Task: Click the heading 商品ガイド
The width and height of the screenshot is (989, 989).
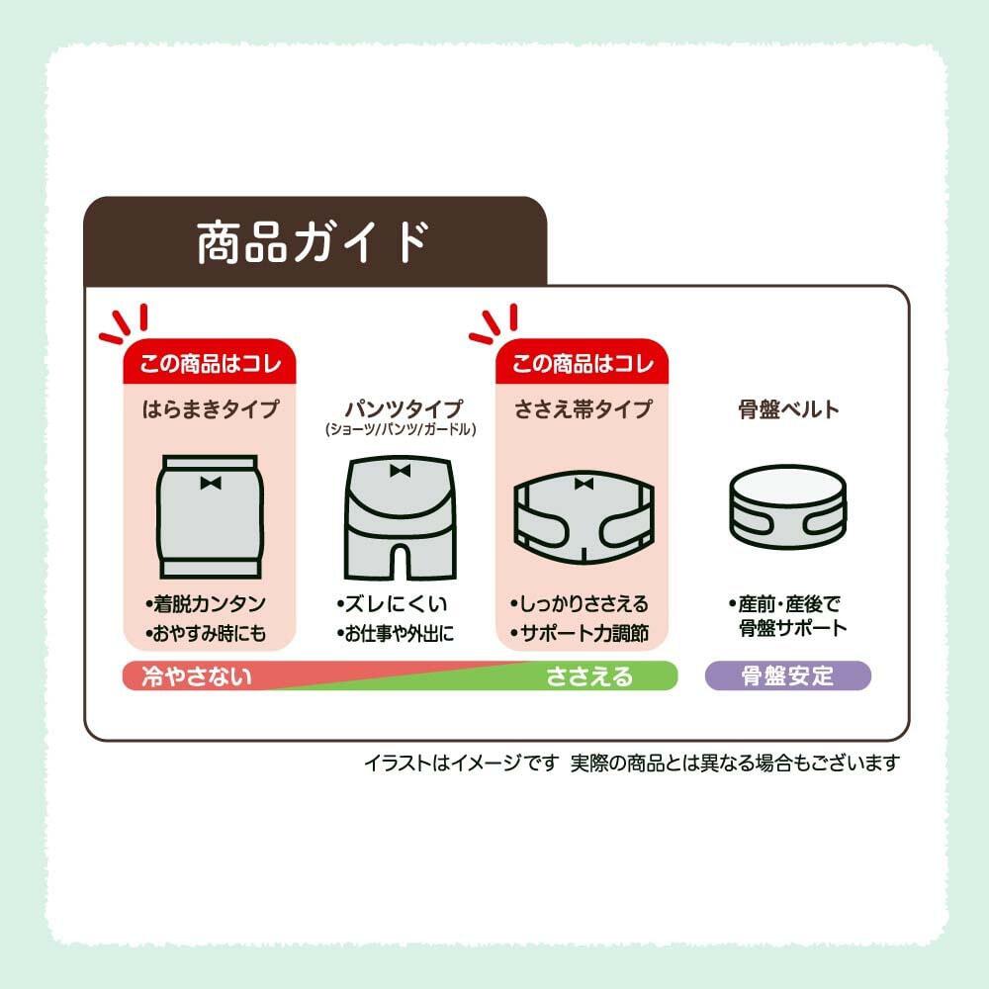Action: [313, 242]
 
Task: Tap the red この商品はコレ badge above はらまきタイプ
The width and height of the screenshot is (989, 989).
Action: [210, 363]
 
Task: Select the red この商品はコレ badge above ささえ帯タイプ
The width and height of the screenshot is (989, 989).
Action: [582, 363]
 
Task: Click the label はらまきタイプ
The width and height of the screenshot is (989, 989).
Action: [210, 409]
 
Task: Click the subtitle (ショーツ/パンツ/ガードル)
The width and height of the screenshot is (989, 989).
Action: [401, 430]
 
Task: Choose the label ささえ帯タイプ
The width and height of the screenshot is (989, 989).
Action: [583, 409]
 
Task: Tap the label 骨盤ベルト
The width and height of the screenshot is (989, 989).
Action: [788, 409]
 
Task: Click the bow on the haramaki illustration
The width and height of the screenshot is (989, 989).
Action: [210, 484]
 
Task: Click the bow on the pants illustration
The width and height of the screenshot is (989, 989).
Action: [400, 471]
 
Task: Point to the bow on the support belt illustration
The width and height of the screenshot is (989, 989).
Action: [584, 484]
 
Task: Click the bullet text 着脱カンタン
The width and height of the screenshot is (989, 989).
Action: [206, 603]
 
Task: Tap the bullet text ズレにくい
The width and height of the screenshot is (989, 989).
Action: [392, 603]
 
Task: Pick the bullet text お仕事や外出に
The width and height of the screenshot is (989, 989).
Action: [395, 633]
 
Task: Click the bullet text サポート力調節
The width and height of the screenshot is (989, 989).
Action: [579, 633]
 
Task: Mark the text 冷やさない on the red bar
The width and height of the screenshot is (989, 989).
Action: [197, 676]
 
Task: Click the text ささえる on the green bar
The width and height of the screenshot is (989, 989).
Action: [589, 676]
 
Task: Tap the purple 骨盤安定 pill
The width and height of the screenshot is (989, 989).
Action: [788, 675]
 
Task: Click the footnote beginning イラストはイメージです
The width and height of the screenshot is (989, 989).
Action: [631, 764]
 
